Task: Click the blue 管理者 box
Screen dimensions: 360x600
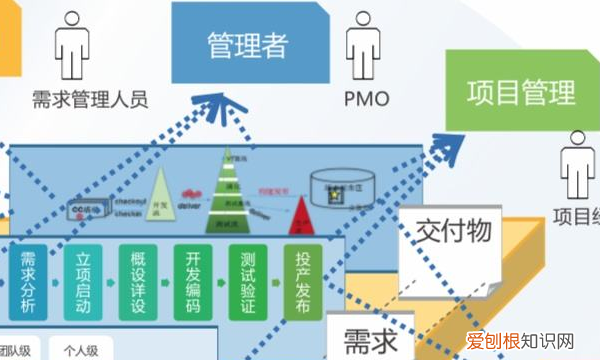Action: pyautogui.click(x=247, y=44)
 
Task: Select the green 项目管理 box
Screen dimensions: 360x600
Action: pyautogui.click(x=521, y=92)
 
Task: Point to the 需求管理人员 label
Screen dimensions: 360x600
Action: pyautogui.click(x=89, y=99)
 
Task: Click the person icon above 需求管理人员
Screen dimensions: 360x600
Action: pyautogui.click(x=72, y=46)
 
